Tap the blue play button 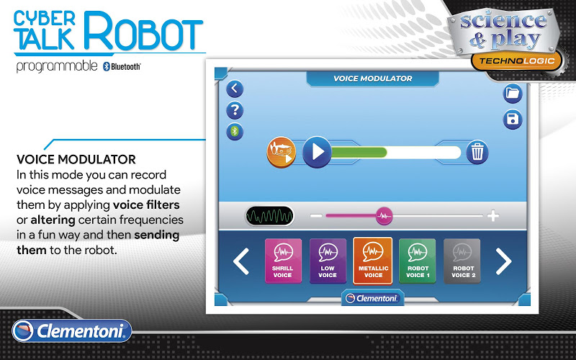coord(317,152)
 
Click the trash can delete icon coord(477,152)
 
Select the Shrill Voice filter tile coord(283,261)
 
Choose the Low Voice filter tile coord(328,261)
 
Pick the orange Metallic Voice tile coord(372,261)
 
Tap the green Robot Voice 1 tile coord(418,261)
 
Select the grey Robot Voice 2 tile coord(462,261)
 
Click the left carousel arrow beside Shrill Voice coord(241,261)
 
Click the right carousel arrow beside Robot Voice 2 coord(503,261)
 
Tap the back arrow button coord(235,89)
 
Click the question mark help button coord(235,110)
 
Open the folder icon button coord(513,94)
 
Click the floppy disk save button coord(513,120)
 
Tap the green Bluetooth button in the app coord(235,132)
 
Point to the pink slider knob coord(384,216)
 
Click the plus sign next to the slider coord(493,215)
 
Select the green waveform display coord(269,215)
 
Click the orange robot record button coord(282,152)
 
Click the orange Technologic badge coord(516,61)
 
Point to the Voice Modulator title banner coord(372,78)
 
